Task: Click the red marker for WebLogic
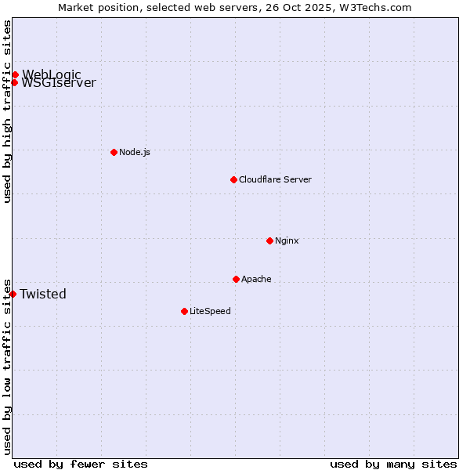click(x=15, y=74)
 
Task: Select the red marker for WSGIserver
click(x=14, y=82)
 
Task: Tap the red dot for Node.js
click(x=114, y=152)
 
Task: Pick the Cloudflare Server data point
click(x=233, y=179)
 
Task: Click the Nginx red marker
click(x=269, y=240)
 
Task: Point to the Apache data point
click(x=236, y=279)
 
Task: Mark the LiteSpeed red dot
click(x=184, y=311)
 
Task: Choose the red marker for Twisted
click(x=13, y=294)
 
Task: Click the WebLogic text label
click(x=52, y=74)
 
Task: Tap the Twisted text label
click(x=43, y=295)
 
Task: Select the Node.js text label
click(x=135, y=152)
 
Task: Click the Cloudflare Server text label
click(x=275, y=179)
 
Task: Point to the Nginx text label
click(x=287, y=240)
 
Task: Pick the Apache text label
click(x=256, y=279)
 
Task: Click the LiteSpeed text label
click(x=210, y=311)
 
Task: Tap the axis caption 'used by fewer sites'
click(x=81, y=464)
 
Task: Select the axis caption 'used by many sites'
click(x=393, y=464)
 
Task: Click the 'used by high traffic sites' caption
click(x=7, y=111)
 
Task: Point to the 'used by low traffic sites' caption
click(x=7, y=366)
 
